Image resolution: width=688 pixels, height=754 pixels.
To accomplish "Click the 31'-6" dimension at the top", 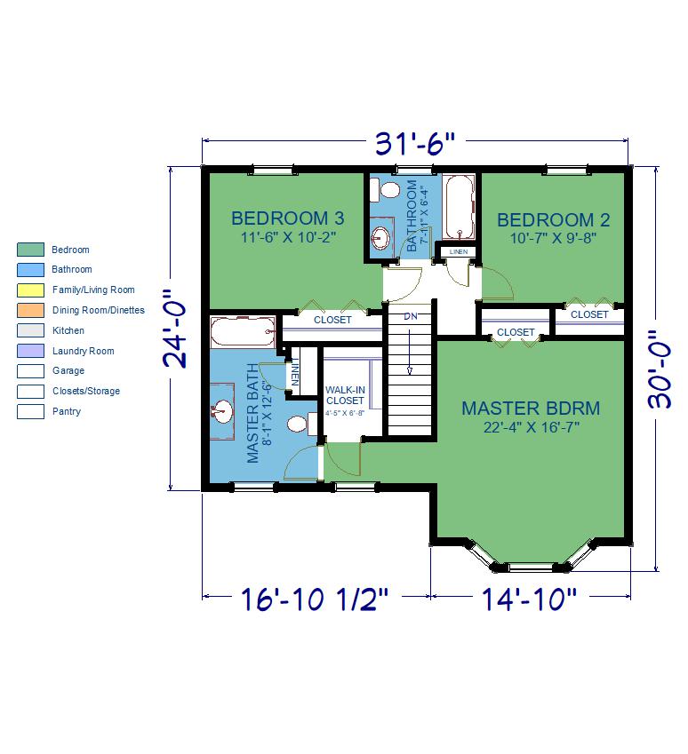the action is (414, 143).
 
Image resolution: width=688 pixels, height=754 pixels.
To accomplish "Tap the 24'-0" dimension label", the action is (175, 329).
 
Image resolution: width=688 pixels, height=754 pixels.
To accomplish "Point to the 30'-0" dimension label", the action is (660, 369).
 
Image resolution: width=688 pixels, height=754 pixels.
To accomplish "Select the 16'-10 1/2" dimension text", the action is (314, 599).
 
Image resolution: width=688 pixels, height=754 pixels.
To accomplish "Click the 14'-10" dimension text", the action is (529, 599).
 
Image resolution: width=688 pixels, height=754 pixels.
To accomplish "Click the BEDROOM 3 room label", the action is (288, 218).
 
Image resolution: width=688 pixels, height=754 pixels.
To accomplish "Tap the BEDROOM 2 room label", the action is (553, 220).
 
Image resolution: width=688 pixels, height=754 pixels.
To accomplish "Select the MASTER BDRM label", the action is (531, 409).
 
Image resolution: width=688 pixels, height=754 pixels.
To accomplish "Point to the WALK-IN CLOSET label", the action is (345, 395).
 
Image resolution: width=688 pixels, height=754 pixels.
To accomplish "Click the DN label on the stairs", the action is (410, 316).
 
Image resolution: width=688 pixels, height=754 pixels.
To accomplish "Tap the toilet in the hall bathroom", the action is (385, 190).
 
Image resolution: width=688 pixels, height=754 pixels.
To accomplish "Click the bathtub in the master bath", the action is (244, 331).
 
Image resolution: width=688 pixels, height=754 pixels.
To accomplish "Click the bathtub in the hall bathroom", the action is (459, 207).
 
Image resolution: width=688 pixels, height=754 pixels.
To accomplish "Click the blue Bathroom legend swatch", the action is (30, 270).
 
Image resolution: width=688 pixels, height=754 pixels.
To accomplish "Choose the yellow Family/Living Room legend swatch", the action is (30, 290).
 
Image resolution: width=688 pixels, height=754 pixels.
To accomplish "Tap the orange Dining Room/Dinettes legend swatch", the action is (30, 310).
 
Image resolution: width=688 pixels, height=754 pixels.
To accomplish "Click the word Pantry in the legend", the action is (67, 411).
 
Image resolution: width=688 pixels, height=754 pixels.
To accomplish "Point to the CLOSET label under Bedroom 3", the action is (332, 320).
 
